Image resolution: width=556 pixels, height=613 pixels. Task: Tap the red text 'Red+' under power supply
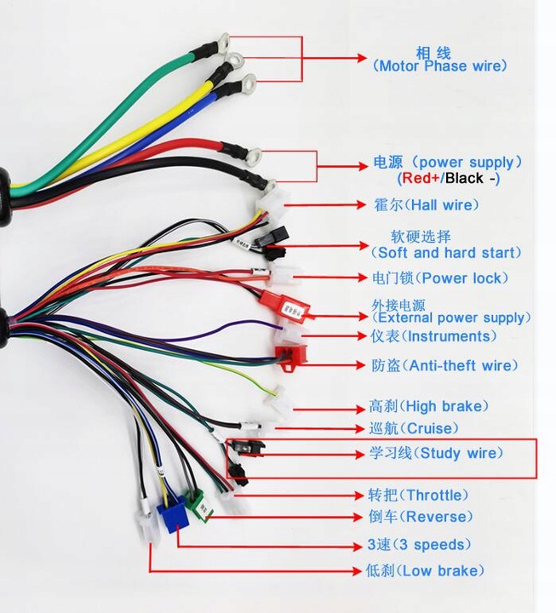(420, 179)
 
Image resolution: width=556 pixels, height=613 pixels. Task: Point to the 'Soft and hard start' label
(445, 252)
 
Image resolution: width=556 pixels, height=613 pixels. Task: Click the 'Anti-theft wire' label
(444, 365)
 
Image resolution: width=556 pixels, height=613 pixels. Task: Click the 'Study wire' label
(435, 454)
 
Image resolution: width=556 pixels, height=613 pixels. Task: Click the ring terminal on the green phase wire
(224, 40)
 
